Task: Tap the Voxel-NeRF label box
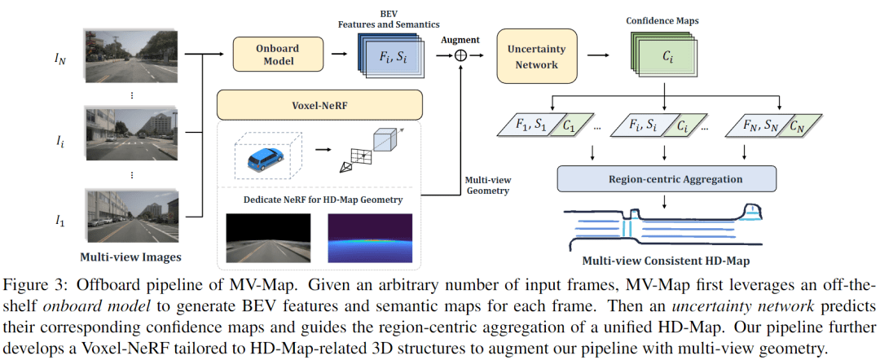(319, 105)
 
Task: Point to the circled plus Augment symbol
(461, 55)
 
